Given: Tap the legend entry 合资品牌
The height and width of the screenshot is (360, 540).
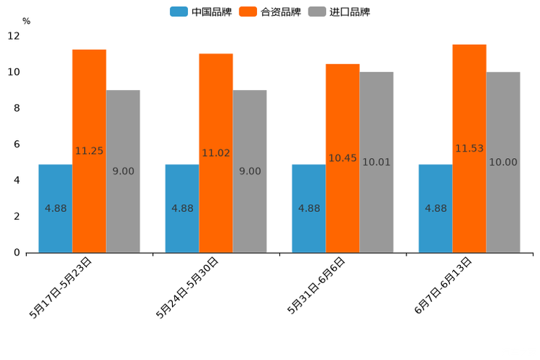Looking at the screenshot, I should click(279, 12).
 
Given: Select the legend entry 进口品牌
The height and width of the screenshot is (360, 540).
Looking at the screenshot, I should click(349, 12).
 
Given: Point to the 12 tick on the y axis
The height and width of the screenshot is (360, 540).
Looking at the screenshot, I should click(14, 36).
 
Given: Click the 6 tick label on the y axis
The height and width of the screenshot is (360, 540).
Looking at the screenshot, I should click(16, 144).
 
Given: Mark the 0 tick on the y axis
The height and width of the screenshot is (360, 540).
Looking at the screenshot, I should click(16, 253).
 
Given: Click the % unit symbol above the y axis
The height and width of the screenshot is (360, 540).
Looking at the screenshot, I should click(26, 21).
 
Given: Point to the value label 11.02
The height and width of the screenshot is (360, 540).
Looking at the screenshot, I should click(216, 153).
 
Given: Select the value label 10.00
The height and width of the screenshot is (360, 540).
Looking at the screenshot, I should click(503, 163).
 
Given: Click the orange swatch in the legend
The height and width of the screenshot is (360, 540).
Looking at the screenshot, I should click(248, 12).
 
